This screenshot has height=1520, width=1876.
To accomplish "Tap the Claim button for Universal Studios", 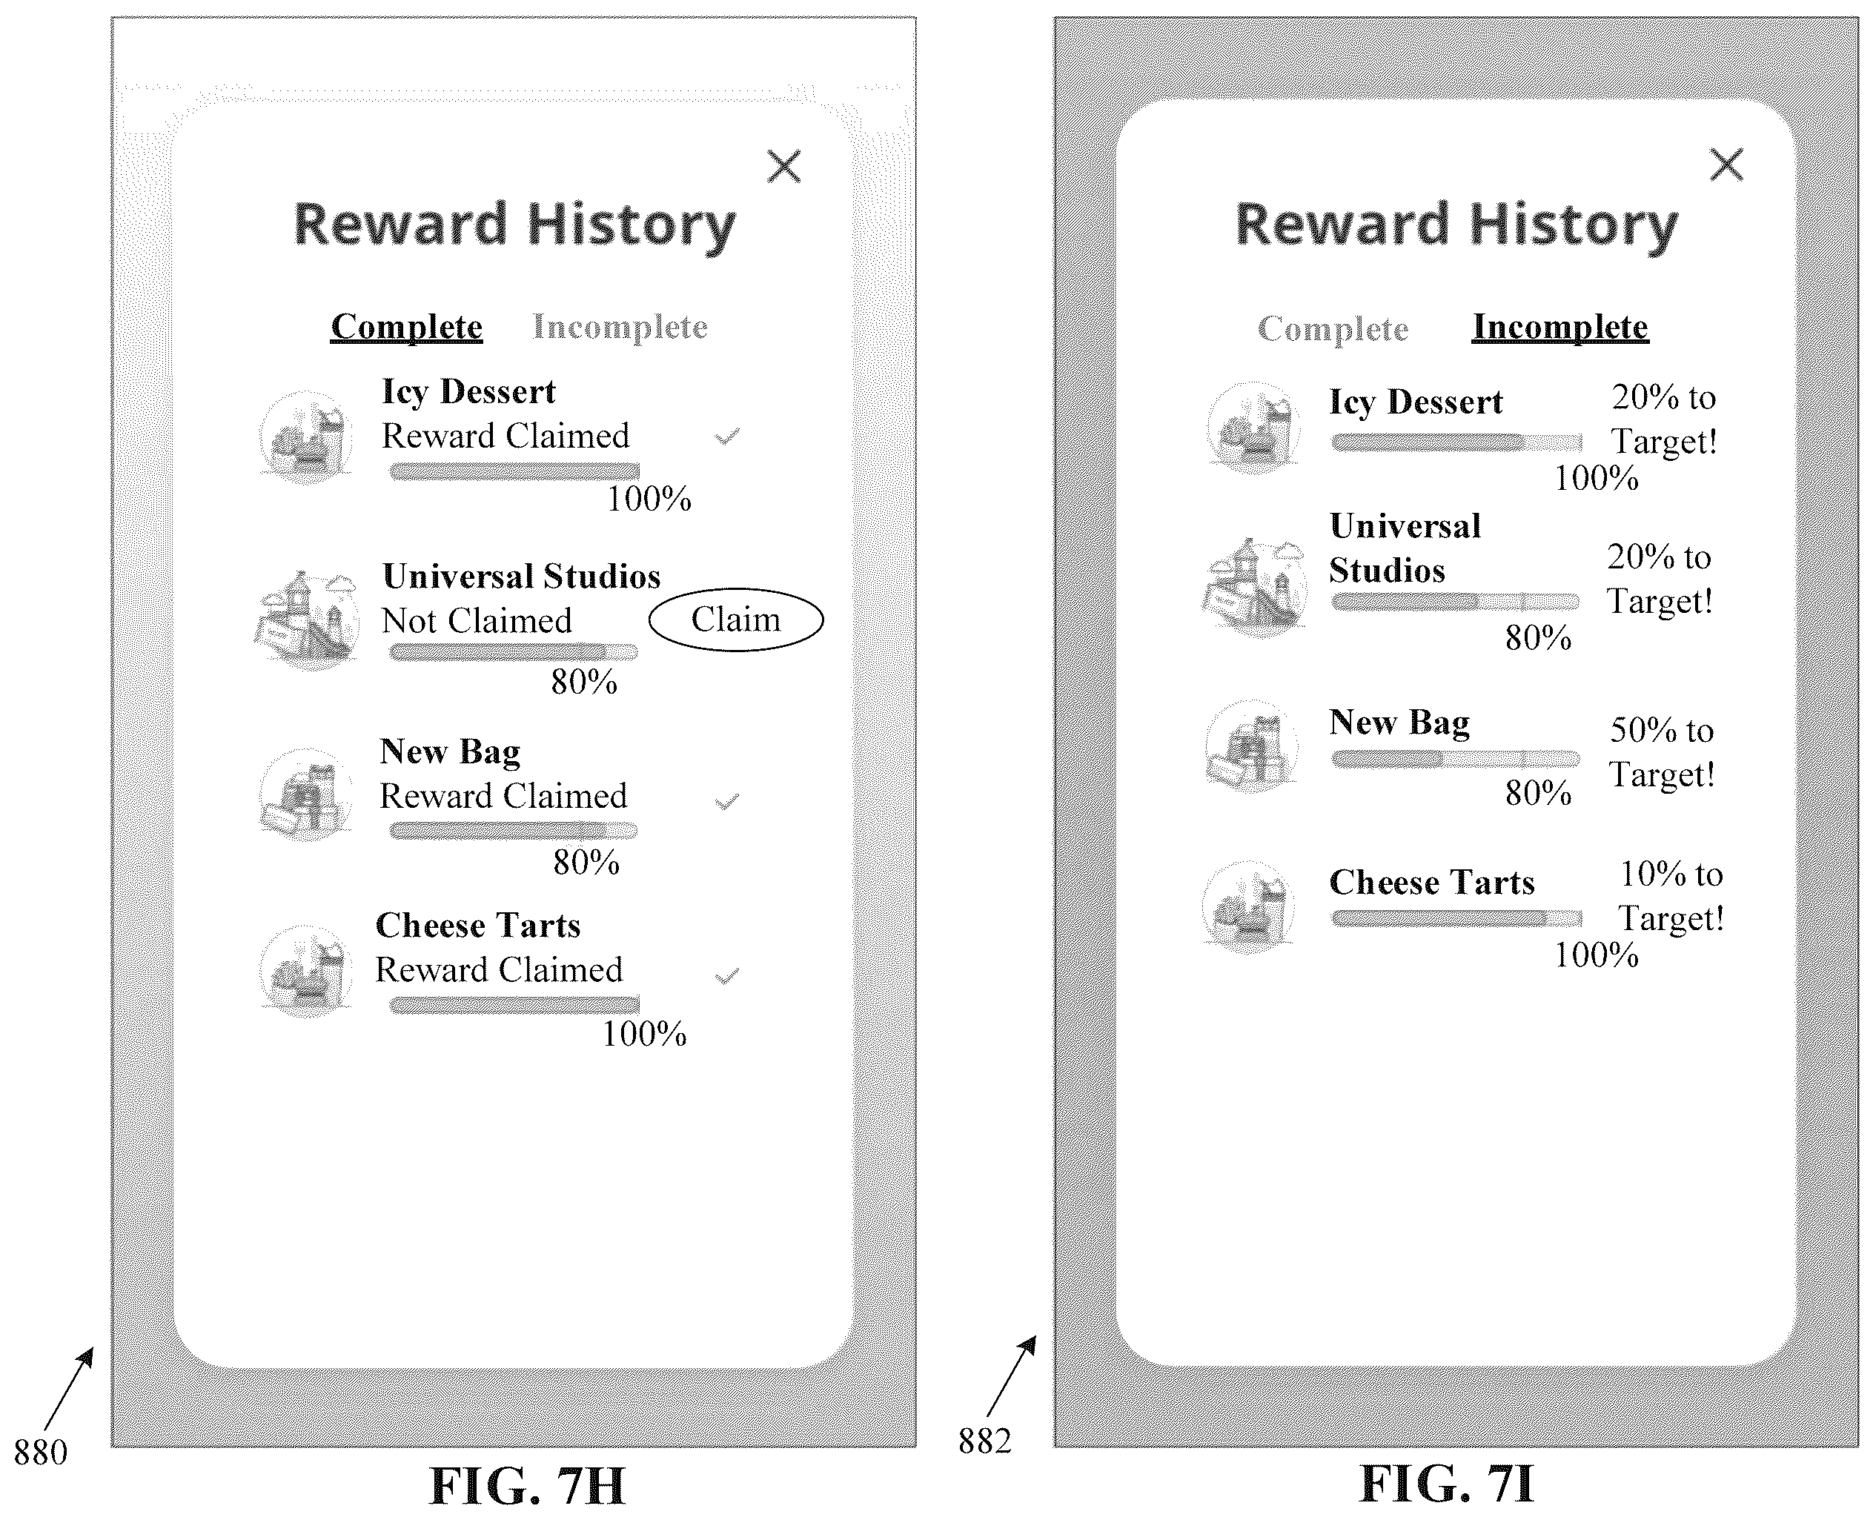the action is coord(736,620).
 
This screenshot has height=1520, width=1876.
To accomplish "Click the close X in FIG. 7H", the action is coord(784,165).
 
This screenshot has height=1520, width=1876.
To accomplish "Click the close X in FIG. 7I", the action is coord(1726,164).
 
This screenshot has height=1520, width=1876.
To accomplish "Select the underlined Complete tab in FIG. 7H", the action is coord(406,327).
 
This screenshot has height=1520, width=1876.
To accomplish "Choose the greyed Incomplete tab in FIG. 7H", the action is coord(620,327).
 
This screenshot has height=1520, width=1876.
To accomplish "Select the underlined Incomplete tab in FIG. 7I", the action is coord(1560,327).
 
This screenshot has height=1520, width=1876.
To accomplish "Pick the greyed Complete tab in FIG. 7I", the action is coord(1333,328).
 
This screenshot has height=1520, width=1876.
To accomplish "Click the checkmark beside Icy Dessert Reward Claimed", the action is coord(727,436).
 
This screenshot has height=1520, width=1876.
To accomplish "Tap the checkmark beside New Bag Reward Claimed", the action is coord(727,801).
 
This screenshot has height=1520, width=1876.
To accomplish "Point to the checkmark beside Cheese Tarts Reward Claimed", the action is coord(727,975).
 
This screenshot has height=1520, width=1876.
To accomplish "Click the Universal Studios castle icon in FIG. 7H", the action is coord(307,620).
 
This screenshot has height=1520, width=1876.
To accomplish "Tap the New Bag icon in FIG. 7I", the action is coord(1250,746).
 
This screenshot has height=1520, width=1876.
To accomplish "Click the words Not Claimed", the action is coord(477,621).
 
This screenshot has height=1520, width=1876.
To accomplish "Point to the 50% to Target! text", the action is coord(1662,752).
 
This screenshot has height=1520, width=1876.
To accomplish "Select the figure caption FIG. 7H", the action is coord(527,1486).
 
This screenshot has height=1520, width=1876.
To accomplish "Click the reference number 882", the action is coord(984,1440).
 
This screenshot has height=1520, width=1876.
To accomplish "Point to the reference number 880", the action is coord(40,1453).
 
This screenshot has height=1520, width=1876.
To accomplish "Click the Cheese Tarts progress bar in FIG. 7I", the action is coord(1456,918).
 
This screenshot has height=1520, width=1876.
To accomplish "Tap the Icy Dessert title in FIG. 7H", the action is coord(468,392).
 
